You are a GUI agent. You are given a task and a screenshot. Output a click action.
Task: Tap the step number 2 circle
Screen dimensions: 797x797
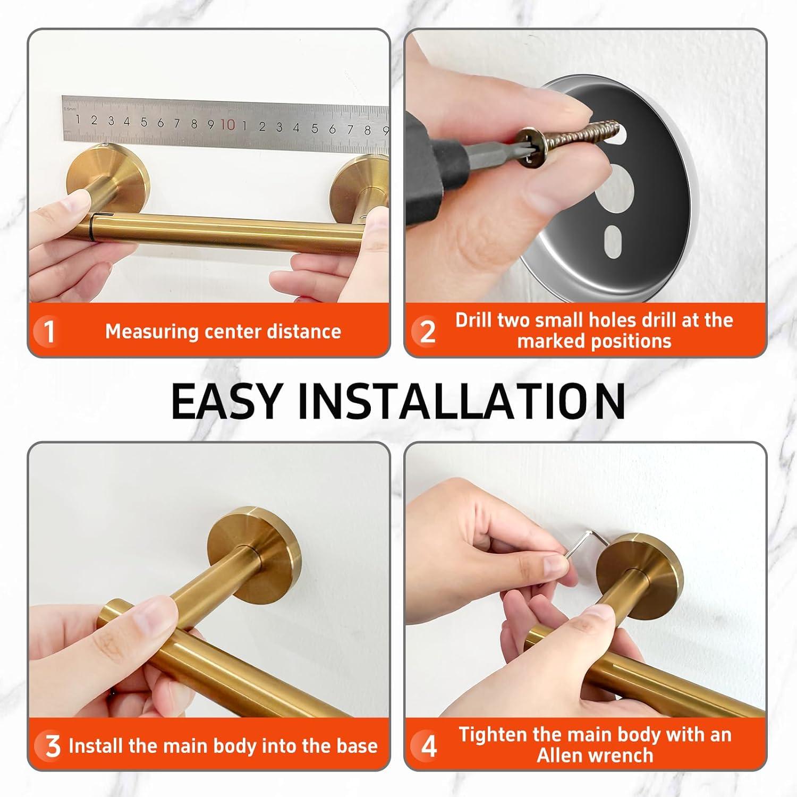point(427,332)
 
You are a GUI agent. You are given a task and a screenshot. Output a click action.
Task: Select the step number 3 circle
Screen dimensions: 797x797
point(52,746)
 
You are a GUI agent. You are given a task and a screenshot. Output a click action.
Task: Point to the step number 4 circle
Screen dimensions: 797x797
point(428,746)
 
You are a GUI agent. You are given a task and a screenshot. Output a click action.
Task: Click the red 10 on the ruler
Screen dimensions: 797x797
point(227,125)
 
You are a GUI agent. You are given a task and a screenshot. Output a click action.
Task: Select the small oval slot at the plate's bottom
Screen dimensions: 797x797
point(613,242)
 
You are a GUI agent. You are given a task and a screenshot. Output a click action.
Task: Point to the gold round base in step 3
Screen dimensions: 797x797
point(255,542)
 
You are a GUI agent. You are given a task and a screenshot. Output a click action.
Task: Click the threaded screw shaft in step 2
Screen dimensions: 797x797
point(584,132)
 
